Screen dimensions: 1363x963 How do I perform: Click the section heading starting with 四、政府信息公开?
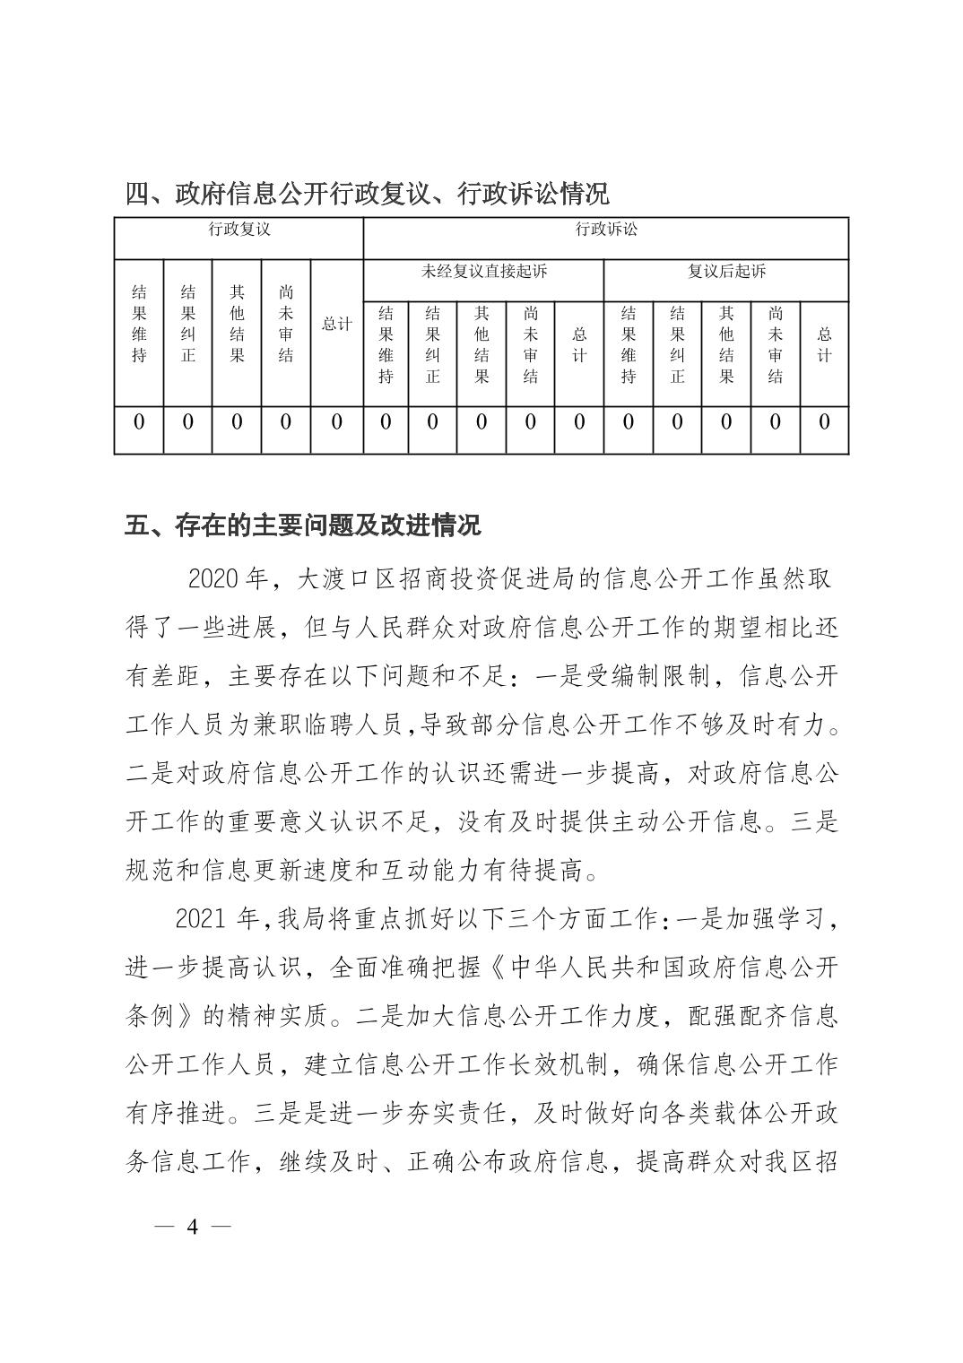(x=367, y=193)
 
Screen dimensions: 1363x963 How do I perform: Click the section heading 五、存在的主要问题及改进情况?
(x=303, y=525)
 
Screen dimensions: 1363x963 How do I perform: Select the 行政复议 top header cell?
(x=239, y=230)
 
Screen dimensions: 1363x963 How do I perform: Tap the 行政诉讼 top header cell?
(x=606, y=230)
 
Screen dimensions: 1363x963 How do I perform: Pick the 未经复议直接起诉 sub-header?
(x=484, y=271)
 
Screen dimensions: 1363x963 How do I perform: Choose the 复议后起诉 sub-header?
(x=726, y=271)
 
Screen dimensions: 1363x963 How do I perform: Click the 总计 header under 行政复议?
(x=337, y=325)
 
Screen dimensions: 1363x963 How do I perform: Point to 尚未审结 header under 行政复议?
(x=286, y=324)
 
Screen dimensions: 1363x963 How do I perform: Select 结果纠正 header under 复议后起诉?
(x=677, y=344)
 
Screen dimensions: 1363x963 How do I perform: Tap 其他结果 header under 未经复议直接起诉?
(x=481, y=344)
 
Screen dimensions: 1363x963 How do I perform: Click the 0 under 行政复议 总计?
(x=337, y=421)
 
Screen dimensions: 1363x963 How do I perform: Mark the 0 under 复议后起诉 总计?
(x=825, y=421)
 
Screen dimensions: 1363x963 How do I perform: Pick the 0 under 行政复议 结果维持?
(x=139, y=421)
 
